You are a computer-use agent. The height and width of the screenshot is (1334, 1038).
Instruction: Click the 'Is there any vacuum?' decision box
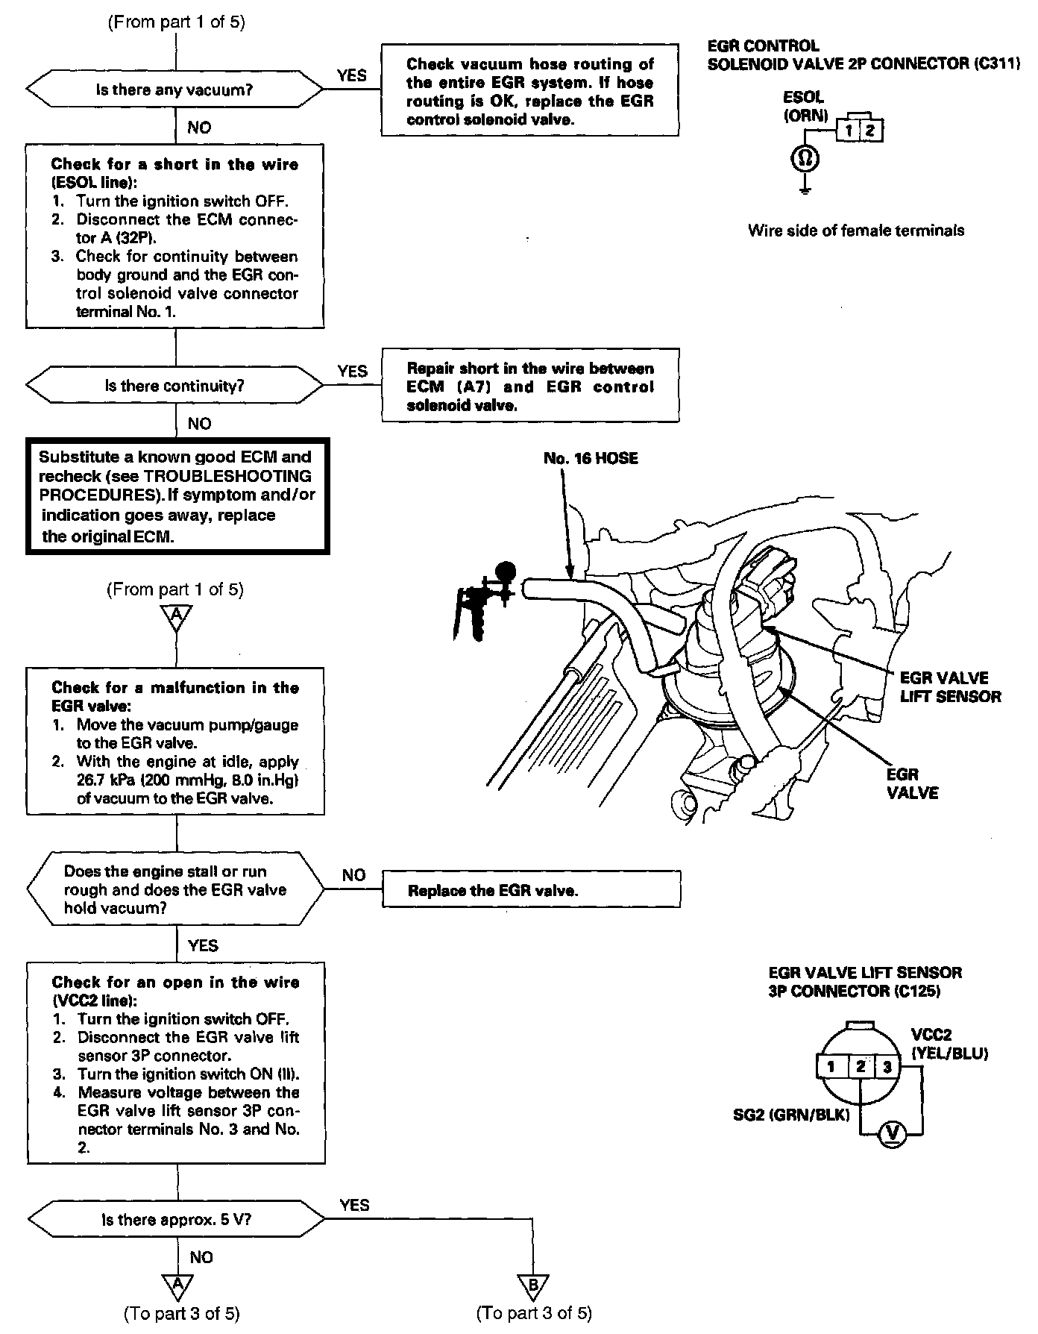point(175,90)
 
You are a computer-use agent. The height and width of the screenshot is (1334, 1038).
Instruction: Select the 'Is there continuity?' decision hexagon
point(175,386)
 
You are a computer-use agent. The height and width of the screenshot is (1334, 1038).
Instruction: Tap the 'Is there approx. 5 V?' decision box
point(175,1221)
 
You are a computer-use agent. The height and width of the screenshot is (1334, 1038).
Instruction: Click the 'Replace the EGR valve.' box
point(531,890)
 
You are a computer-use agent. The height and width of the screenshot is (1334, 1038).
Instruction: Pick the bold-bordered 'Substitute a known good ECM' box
point(177,496)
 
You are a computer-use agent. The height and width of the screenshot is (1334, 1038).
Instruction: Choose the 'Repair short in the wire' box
point(530,386)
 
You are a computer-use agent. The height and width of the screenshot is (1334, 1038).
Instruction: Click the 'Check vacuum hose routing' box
point(530,91)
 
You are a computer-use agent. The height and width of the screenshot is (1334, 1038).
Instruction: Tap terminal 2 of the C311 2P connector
point(870,131)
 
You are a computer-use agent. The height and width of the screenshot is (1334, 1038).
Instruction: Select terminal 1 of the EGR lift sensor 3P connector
point(831,1066)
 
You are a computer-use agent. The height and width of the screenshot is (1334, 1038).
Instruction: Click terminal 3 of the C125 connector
point(886,1066)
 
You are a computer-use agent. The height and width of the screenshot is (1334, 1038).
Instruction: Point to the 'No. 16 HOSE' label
point(591,458)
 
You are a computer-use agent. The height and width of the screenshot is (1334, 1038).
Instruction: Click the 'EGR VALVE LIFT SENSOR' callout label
point(950,687)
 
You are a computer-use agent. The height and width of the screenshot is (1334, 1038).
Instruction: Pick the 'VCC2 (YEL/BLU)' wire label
point(949,1045)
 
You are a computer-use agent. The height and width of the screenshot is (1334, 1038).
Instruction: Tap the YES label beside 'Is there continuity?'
point(352,371)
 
